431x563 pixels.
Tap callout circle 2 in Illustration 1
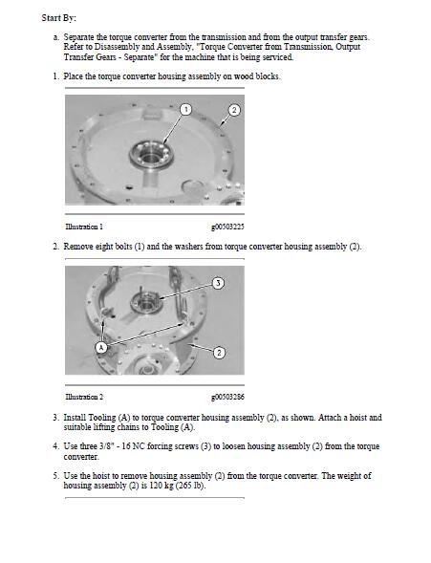233,111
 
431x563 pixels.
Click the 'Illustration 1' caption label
84,226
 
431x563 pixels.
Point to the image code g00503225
226,226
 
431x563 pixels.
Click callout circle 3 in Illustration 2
218,283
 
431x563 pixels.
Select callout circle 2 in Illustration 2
219,353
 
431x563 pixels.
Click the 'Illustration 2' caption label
84,396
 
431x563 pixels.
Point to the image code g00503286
226,396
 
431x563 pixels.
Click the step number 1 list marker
55,76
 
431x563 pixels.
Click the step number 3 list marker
55,418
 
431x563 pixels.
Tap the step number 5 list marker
55,475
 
